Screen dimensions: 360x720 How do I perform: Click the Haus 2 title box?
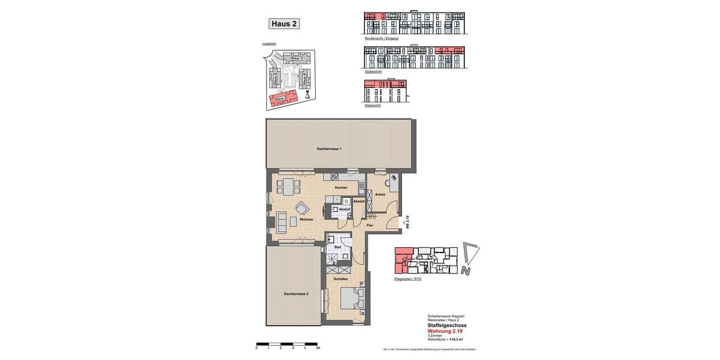click(284, 24)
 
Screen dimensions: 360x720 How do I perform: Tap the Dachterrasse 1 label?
click(329, 149)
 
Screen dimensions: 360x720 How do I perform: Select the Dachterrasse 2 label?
click(296, 294)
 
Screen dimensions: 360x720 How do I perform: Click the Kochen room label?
click(341, 188)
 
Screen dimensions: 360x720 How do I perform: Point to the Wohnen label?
click(306, 220)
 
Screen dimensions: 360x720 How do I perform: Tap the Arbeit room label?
click(380, 194)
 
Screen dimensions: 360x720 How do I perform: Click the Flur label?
click(370, 225)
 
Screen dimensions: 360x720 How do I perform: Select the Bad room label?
click(337, 247)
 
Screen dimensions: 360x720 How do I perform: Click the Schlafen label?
click(341, 279)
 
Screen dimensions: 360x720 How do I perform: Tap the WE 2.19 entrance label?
click(407, 222)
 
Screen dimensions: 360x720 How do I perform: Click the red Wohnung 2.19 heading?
click(445, 331)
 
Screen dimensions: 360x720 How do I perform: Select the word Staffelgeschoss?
click(446, 325)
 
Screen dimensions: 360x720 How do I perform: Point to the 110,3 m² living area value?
click(457, 340)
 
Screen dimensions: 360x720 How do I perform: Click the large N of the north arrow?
click(466, 271)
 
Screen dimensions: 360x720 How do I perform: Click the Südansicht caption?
click(373, 71)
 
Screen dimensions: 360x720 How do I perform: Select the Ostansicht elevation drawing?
click(385, 91)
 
